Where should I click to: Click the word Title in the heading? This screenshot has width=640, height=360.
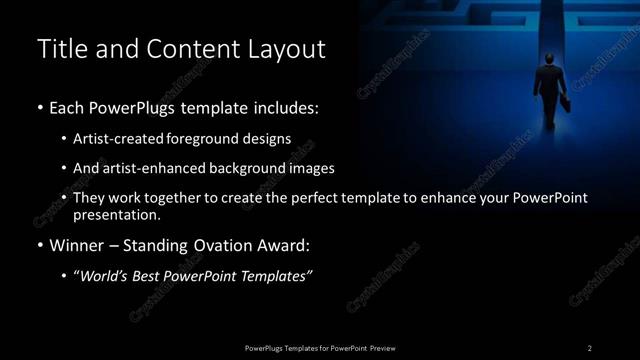tap(61, 48)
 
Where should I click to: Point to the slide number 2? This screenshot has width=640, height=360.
tap(590, 348)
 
